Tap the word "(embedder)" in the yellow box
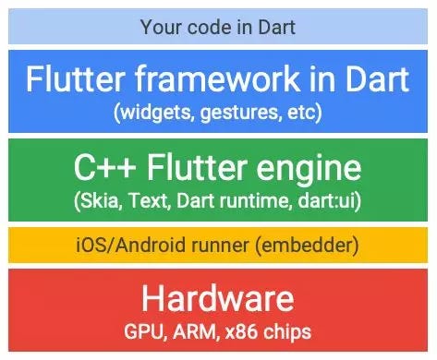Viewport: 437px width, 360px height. (306, 246)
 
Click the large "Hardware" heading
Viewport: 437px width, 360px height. (218, 298)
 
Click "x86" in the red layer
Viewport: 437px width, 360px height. (235, 330)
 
